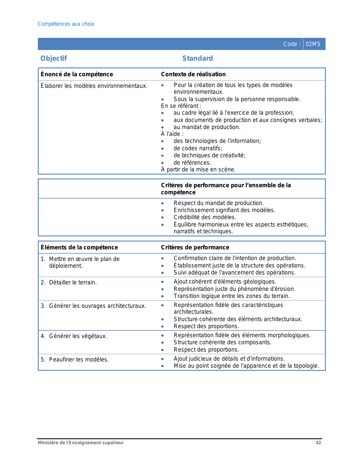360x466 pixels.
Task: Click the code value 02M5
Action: (x=313, y=44)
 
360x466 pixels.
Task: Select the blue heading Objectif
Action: (x=54, y=58)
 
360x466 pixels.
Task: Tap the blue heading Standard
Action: (x=198, y=58)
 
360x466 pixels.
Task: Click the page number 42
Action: (x=318, y=443)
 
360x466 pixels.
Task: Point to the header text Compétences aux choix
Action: (x=66, y=24)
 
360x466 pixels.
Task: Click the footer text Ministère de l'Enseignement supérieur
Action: (x=81, y=443)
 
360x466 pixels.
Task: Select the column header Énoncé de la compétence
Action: (x=77, y=74)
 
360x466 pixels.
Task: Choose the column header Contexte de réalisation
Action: (x=193, y=74)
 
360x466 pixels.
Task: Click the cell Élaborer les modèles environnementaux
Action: (x=94, y=86)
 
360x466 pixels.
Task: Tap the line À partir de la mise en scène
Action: (x=198, y=169)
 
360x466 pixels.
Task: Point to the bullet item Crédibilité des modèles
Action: (x=205, y=217)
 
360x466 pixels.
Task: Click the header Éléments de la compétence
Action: (x=79, y=247)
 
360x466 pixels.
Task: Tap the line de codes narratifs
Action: (x=198, y=148)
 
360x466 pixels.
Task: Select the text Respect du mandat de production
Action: (x=219, y=203)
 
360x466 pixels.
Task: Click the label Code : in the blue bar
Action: (x=292, y=44)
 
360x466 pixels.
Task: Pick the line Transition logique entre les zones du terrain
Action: (x=232, y=296)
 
